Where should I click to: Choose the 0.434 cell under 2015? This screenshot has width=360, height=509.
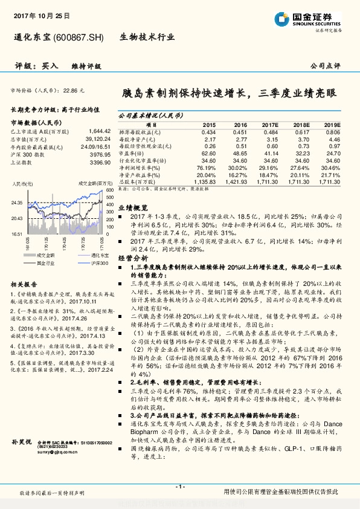(208, 132)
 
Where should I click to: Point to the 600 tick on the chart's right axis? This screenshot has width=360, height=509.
(109, 190)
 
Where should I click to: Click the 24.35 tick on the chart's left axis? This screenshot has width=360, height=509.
(16, 203)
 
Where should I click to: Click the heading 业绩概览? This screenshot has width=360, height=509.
(131, 207)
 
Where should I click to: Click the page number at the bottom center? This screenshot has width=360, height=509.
(179, 487)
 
